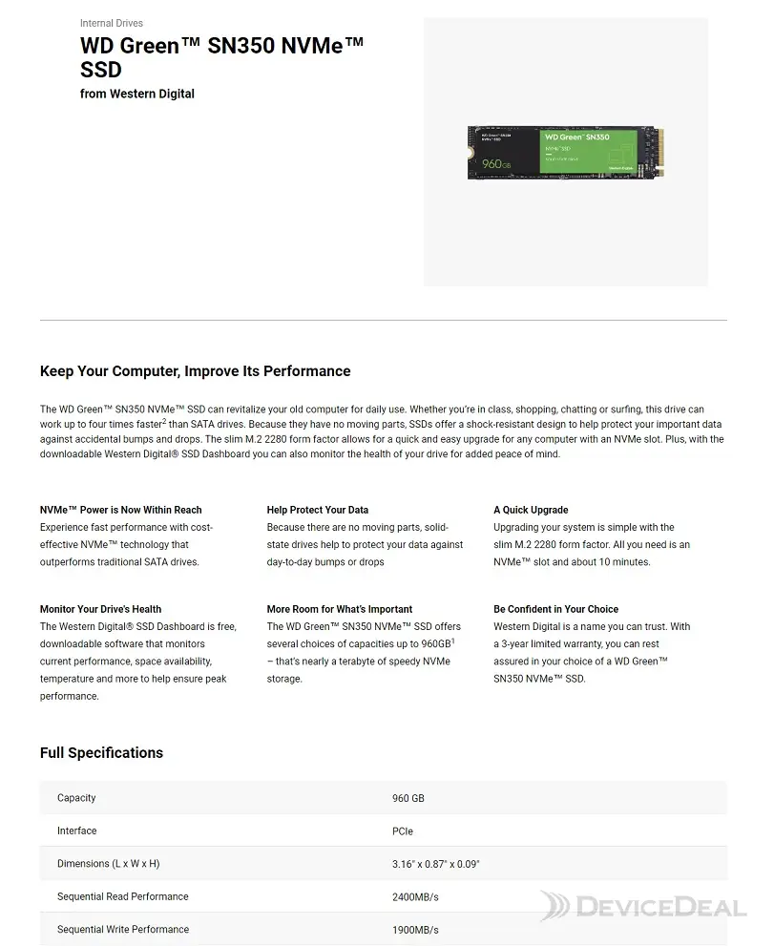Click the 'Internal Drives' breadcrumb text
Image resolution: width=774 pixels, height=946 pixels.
point(112,23)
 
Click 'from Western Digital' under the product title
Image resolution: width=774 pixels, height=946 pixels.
point(136,94)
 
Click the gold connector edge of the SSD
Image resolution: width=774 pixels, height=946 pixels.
point(658,153)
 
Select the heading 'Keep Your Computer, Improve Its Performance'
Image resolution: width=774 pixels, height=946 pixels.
point(195,371)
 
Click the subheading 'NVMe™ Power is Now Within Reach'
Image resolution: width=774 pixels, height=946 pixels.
point(121,510)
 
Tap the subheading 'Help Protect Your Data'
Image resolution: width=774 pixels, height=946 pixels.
point(318,510)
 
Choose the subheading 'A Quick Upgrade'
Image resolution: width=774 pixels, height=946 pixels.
point(531,510)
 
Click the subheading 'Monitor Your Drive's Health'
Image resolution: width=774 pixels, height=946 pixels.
point(100,609)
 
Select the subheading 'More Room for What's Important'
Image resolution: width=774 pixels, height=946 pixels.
point(340,609)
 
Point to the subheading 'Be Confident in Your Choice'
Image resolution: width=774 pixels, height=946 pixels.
point(555,609)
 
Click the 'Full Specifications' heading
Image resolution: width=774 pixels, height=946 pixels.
point(101,753)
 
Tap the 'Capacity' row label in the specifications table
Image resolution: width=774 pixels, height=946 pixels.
point(76,798)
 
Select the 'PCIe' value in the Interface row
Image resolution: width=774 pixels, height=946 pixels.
point(403,831)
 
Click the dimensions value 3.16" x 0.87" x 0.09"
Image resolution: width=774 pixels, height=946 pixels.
point(436,864)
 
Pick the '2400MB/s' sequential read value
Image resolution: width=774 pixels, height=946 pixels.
point(415,897)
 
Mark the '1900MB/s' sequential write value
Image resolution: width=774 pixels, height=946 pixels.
point(415,930)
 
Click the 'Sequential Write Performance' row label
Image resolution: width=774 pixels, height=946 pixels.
point(122,930)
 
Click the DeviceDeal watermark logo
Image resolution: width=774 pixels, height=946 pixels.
point(641,906)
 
